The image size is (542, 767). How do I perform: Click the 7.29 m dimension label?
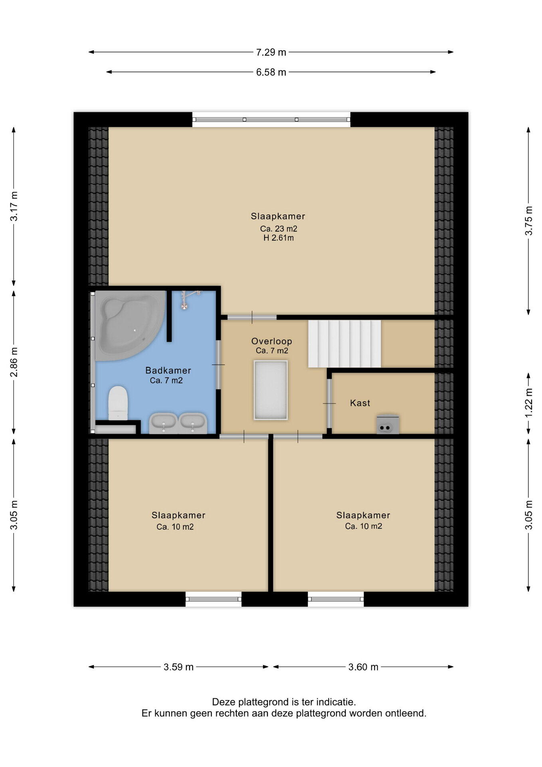click(x=271, y=52)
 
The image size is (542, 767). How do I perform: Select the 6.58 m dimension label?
click(x=271, y=72)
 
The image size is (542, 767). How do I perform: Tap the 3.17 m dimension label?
click(x=14, y=206)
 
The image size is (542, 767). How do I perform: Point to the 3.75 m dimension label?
click(x=528, y=221)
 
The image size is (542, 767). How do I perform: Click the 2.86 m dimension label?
click(x=14, y=362)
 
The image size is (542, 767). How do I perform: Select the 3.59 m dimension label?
click(x=178, y=667)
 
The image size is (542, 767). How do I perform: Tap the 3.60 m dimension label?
click(x=363, y=667)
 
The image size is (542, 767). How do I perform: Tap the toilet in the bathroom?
click(x=118, y=403)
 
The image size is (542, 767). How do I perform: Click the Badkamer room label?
click(x=168, y=370)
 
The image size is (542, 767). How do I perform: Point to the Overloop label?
click(x=271, y=341)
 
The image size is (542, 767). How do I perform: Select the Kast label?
click(x=360, y=403)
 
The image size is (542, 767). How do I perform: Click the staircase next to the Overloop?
click(x=344, y=344)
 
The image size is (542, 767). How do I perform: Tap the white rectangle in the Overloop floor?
click(x=271, y=390)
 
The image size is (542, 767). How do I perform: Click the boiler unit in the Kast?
click(x=388, y=424)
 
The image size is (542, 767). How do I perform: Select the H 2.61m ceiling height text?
click(x=278, y=238)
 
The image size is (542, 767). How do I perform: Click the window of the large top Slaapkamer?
click(x=271, y=119)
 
